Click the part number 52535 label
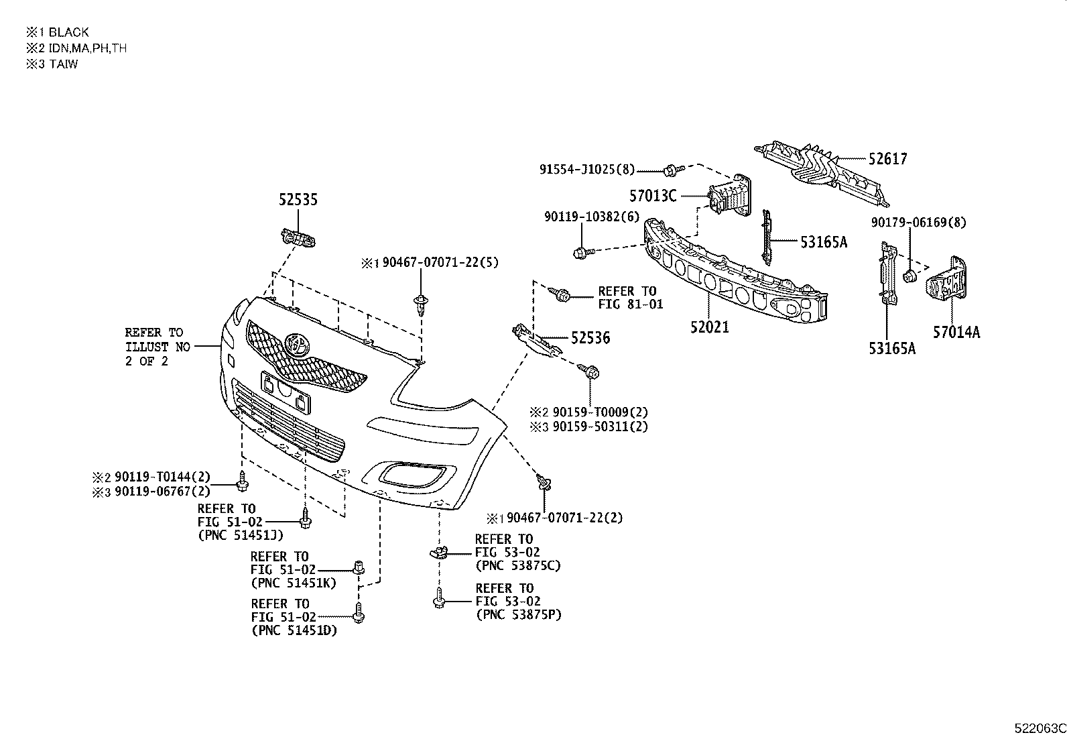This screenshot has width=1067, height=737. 298,200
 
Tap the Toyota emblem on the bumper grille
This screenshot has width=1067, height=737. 297,344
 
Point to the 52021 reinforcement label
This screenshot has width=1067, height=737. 710,327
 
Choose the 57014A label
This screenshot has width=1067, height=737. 956,331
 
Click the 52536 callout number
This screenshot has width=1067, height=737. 590,338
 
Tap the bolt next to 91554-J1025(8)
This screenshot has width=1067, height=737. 672,169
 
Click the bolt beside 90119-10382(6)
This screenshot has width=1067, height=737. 580,253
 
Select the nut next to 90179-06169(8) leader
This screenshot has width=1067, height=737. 910,276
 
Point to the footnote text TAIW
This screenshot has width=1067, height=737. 63,65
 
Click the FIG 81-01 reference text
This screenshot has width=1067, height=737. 630,304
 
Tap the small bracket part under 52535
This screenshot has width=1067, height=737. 298,238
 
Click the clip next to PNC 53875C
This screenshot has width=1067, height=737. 438,552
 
